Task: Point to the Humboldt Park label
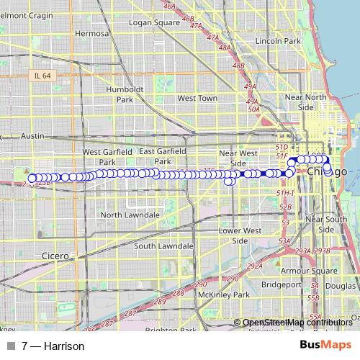121,94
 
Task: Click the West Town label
197,98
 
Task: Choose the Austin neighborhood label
33,135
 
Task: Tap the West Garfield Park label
107,157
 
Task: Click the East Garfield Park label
163,156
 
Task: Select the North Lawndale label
130,215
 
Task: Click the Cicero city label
55,256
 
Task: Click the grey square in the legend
10,346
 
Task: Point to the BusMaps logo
325,346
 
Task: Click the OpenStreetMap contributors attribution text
297,323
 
